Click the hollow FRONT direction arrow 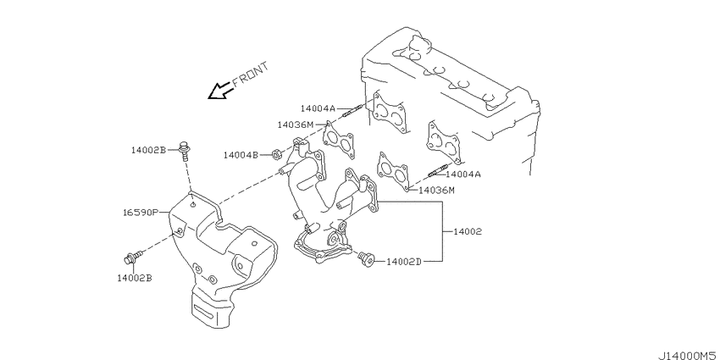[x=220, y=91]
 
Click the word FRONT [x=250, y=75]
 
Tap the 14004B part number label [x=241, y=155]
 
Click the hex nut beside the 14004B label [x=277, y=155]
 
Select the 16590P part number [x=141, y=213]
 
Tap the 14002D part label [x=403, y=262]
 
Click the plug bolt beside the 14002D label [x=367, y=259]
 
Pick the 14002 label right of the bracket [x=468, y=232]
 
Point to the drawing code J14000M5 [x=689, y=356]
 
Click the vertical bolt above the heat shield [x=185, y=150]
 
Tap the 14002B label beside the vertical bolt [x=148, y=150]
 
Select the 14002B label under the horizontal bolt [x=135, y=278]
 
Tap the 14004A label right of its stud [x=462, y=174]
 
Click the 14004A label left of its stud [x=318, y=108]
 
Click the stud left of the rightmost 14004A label [x=437, y=172]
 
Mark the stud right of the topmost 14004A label [x=353, y=111]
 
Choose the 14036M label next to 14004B [x=296, y=125]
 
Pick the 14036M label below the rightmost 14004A [x=436, y=190]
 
